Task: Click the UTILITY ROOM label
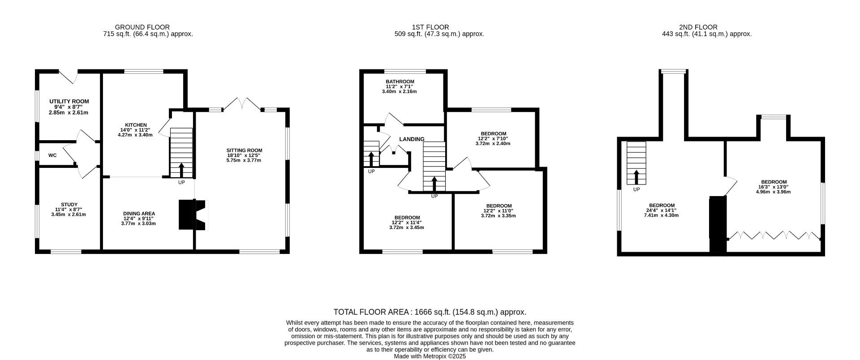pos(69,102)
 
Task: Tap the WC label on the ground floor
pos(52,156)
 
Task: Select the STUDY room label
pos(69,205)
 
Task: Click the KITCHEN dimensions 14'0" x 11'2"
pos(135,130)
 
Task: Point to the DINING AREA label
pos(139,214)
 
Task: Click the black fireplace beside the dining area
pos(187,215)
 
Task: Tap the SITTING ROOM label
pos(244,150)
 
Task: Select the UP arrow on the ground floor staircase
pos(181,171)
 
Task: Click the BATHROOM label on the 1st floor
pos(400,81)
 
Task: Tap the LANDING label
pos(412,139)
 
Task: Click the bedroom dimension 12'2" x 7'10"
pos(493,139)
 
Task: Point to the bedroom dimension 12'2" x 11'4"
pos(406,223)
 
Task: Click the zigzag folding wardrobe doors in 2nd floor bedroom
pos(774,236)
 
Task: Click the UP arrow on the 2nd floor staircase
pos(636,177)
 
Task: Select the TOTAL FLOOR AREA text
pos(430,312)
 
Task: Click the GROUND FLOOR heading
pos(142,27)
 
